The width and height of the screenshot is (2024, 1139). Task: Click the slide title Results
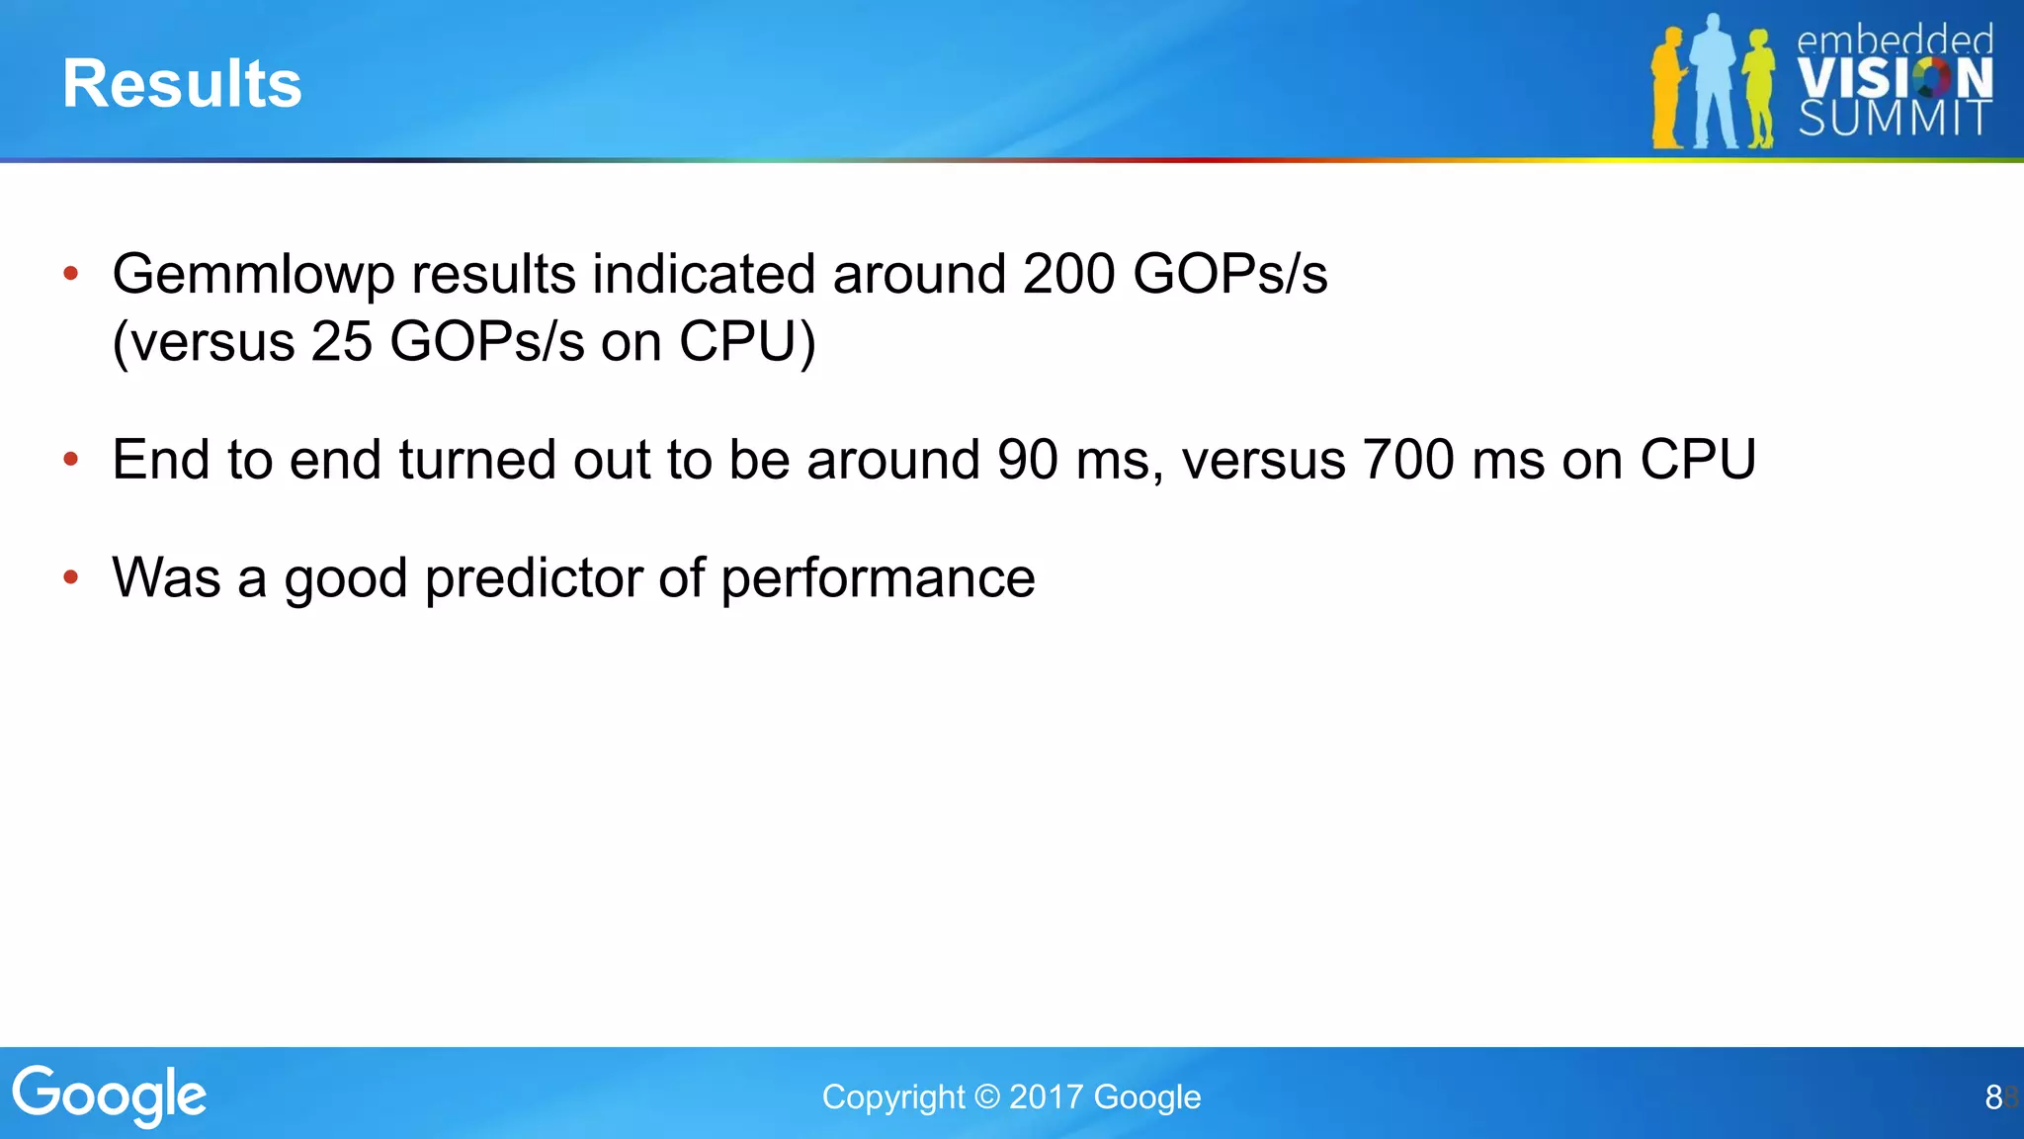coord(182,83)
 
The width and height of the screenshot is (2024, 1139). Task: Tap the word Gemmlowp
coord(253,275)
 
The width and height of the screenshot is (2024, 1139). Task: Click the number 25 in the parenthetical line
coord(341,342)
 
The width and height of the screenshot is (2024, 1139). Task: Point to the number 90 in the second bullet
coord(1028,460)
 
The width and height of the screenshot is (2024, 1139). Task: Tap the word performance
coord(878,578)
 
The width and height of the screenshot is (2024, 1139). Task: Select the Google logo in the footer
coord(110,1095)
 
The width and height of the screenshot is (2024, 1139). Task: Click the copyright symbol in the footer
coord(986,1096)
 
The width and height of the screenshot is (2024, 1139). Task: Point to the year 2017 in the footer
coord(1047,1096)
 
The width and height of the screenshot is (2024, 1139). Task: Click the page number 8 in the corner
coord(1993,1096)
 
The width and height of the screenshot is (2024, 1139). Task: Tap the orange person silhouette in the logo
coord(1668,89)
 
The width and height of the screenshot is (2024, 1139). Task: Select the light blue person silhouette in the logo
coord(1715,84)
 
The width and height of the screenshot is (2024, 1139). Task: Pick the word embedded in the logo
coord(1895,41)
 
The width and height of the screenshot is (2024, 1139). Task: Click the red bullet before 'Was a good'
coord(70,576)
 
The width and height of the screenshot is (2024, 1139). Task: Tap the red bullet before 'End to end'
coord(70,459)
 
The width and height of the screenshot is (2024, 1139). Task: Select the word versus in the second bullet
coord(1263,460)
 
